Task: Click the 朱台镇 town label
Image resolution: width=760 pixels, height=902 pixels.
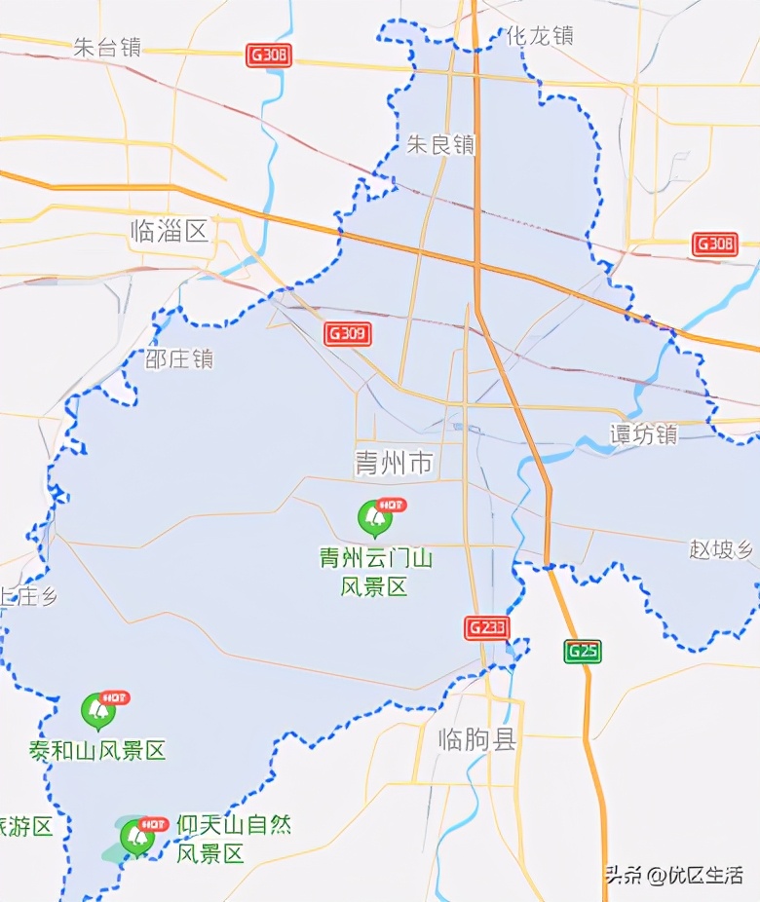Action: tap(107, 47)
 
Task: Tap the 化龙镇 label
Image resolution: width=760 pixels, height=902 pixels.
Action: tap(539, 36)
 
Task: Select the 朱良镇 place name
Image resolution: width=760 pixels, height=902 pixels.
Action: tap(440, 145)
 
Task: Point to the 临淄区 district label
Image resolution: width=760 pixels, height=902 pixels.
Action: tap(170, 231)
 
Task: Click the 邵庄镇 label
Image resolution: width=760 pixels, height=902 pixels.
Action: tap(178, 359)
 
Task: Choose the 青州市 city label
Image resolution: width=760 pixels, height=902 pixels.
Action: tap(394, 463)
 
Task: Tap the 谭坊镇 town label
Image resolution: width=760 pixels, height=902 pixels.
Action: tap(643, 434)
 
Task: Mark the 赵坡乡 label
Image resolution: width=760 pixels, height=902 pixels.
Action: tap(721, 549)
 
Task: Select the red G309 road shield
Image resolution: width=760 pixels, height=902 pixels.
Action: tap(348, 334)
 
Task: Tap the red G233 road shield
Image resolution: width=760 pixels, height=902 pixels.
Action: tap(486, 627)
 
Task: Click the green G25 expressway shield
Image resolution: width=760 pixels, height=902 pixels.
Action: tap(582, 652)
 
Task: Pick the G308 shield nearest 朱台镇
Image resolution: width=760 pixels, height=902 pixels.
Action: tap(269, 56)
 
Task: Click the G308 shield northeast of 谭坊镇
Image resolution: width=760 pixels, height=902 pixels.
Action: tap(715, 244)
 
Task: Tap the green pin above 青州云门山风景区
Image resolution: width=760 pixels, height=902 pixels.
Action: tap(374, 518)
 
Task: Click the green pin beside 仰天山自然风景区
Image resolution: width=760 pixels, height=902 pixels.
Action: tap(136, 836)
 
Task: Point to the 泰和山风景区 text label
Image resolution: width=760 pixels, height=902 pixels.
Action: tap(97, 751)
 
